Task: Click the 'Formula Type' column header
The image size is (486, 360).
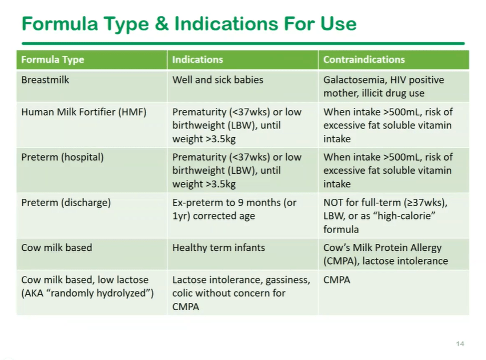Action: coord(53,59)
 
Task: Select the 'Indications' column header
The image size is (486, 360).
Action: coord(198,59)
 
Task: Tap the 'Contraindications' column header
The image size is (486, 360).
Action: coord(364,59)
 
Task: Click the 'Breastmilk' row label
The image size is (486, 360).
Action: coord(45,79)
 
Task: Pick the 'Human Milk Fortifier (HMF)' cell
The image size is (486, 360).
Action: coord(84,112)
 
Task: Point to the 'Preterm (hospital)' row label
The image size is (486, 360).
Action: coord(62,157)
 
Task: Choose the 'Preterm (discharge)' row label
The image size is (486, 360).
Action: coord(66,202)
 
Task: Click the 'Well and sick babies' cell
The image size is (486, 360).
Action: coord(218,79)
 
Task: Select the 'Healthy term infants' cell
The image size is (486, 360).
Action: coord(219,247)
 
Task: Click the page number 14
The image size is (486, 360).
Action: coord(460,343)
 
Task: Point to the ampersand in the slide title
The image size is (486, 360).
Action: coord(162,23)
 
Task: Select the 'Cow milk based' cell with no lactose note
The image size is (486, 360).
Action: coord(57,247)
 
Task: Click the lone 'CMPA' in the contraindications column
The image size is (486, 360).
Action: coord(336,279)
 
